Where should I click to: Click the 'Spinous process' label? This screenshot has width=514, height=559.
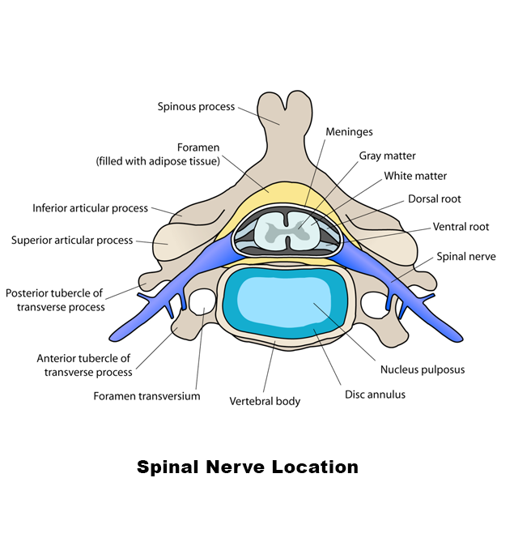pyautogui.click(x=196, y=106)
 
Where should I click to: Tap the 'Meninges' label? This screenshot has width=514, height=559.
pyautogui.click(x=349, y=132)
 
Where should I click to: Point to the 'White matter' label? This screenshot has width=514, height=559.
pyautogui.click(x=415, y=176)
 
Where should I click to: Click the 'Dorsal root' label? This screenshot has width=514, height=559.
pyautogui.click(x=435, y=198)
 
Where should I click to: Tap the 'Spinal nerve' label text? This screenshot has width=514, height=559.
pyautogui.click(x=466, y=257)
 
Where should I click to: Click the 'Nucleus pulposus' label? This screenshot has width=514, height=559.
pyautogui.click(x=422, y=370)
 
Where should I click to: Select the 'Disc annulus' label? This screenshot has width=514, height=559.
pyautogui.click(x=376, y=395)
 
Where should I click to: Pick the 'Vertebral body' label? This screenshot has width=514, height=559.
pyautogui.click(x=265, y=401)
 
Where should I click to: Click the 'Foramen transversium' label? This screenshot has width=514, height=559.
pyautogui.click(x=147, y=396)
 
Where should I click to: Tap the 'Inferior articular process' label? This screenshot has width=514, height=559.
pyautogui.click(x=90, y=208)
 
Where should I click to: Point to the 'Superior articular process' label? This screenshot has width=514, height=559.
pyautogui.click(x=72, y=240)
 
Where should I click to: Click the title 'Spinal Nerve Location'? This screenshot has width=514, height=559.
pyautogui.click(x=247, y=467)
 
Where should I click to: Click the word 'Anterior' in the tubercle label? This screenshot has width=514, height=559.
pyautogui.click(x=59, y=358)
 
